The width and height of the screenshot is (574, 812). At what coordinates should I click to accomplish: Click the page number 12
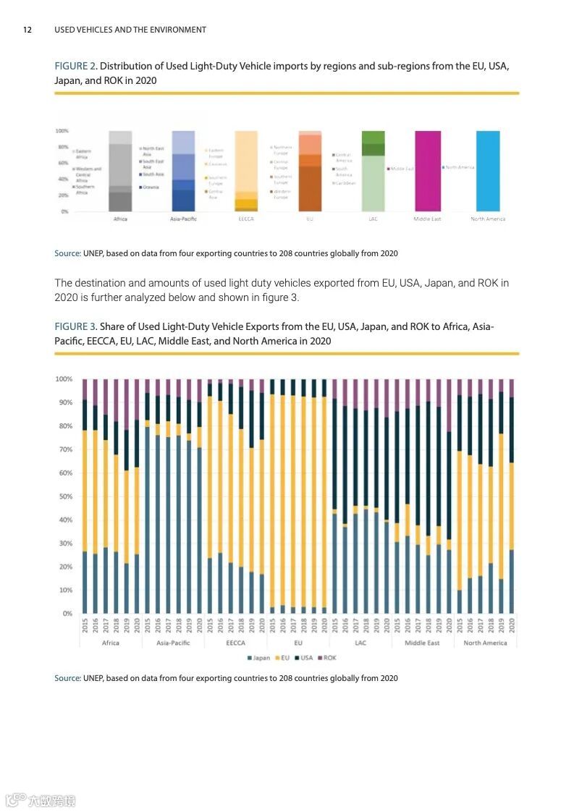click(28, 30)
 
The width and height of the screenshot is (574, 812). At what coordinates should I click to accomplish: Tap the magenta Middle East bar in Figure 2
click(427, 171)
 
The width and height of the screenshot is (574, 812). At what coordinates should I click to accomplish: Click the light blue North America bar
click(488, 171)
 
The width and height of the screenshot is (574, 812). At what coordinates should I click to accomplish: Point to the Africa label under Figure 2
click(120, 219)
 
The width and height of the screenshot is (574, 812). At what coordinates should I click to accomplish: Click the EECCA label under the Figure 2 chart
click(246, 219)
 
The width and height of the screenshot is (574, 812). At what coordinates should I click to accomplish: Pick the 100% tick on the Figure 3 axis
click(64, 379)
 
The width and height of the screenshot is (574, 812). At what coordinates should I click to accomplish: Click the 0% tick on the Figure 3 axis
click(67, 614)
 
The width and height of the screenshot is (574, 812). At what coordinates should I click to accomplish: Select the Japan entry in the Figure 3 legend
click(259, 658)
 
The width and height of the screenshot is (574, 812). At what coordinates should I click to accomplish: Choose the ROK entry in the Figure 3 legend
click(327, 658)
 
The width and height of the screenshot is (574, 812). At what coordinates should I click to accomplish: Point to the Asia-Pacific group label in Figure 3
click(173, 643)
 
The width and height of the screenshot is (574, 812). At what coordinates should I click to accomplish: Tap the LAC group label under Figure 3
click(360, 643)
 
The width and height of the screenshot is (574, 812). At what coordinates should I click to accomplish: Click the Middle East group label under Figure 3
click(423, 643)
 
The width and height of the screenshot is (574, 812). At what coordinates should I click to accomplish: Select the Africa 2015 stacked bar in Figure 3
click(85, 496)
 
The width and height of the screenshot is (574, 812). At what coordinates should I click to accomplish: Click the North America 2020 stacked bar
click(512, 496)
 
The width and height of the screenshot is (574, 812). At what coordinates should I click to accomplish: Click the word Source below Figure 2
click(68, 253)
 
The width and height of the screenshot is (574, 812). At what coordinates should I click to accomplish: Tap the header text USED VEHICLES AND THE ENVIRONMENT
click(130, 30)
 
